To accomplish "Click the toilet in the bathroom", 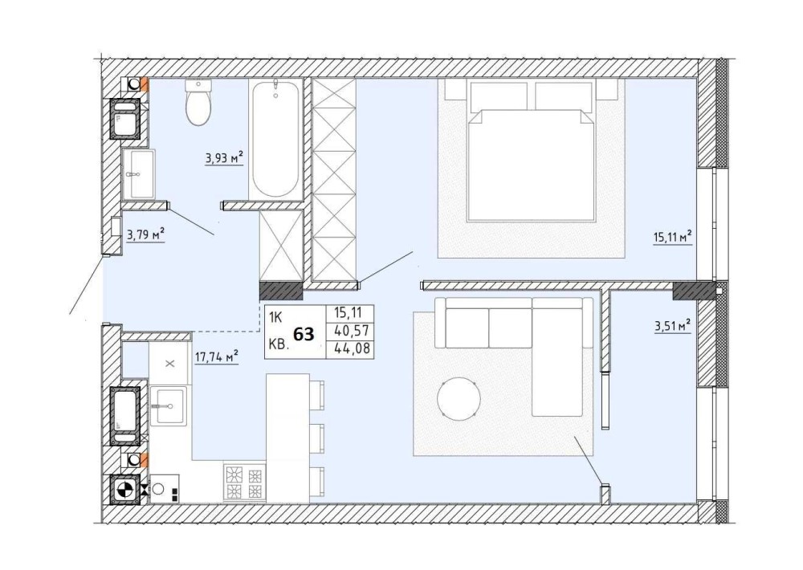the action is tap(198, 103).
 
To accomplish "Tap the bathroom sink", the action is tap(138, 173).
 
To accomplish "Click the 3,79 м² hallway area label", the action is tap(145, 235).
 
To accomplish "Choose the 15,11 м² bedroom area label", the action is tap(673, 238).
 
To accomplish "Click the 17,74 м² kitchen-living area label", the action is tap(217, 356).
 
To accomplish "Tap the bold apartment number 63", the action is tap(304, 334).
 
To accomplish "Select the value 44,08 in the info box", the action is tap(351, 348).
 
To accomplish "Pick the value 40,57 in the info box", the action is tap(351, 331).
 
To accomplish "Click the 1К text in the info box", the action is tap(275, 318).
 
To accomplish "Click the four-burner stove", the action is tap(245, 482).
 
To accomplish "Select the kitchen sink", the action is tap(169, 405).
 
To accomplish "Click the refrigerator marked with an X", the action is tap(170, 363).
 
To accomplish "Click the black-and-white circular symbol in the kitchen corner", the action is tap(125, 490).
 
